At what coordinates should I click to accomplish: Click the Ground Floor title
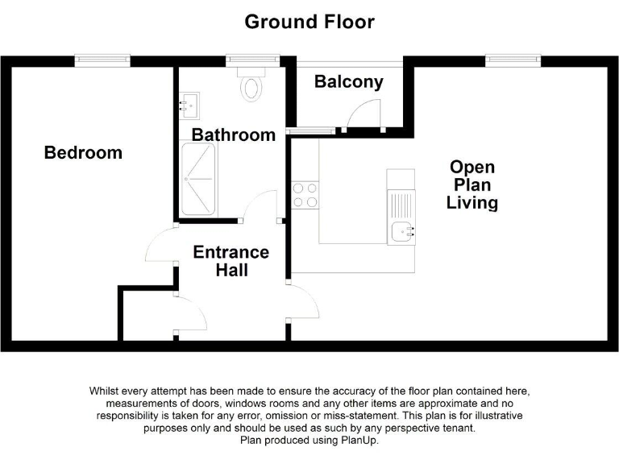[x=309, y=22]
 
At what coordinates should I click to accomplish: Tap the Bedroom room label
[x=83, y=152]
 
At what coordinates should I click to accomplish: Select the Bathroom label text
[x=233, y=135]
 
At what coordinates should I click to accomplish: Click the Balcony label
[x=348, y=81]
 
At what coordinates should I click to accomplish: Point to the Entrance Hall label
[x=231, y=261]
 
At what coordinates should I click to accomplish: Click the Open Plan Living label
[x=472, y=184]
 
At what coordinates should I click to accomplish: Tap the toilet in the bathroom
[x=251, y=85]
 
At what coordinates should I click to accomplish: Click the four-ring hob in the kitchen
[x=305, y=193]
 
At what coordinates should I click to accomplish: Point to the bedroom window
[x=102, y=60]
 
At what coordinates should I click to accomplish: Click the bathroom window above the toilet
[x=252, y=60]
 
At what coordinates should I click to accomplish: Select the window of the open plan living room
[x=513, y=60]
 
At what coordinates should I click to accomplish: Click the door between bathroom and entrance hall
[x=259, y=207]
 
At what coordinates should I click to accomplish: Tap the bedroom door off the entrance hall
[x=161, y=245]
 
